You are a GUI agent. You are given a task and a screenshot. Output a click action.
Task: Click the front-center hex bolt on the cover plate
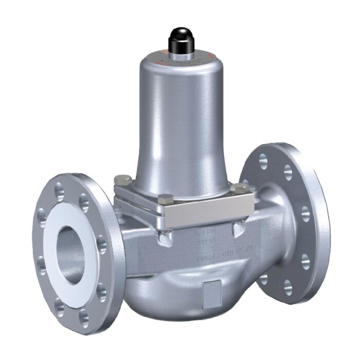click(166, 199)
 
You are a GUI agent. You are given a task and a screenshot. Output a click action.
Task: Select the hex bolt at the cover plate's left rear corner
click(122, 179)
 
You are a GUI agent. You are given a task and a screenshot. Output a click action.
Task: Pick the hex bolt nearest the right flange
click(239, 189)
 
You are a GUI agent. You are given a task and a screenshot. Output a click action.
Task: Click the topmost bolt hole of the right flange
click(263, 158)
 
